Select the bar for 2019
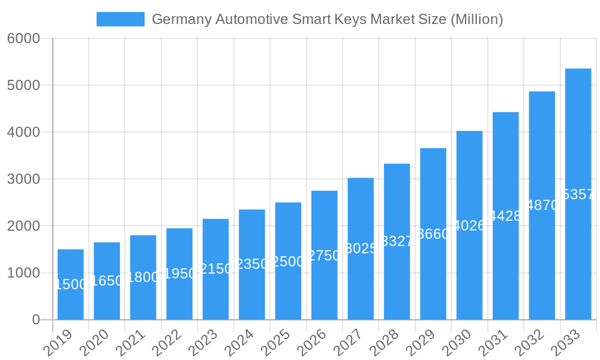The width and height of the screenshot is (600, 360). tap(71, 284)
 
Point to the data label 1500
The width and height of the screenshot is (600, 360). tap(71, 284)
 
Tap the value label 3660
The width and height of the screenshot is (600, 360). tap(433, 234)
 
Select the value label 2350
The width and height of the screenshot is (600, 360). tap(252, 264)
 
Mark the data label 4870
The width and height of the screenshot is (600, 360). tap(542, 205)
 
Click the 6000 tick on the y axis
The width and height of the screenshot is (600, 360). tap(23, 38)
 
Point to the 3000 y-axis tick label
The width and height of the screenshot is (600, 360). tap(23, 179)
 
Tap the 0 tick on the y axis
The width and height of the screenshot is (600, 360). tap(36, 320)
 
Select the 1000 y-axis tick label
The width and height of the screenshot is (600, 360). tap(23, 273)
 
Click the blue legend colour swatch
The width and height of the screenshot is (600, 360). tap(121, 19)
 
